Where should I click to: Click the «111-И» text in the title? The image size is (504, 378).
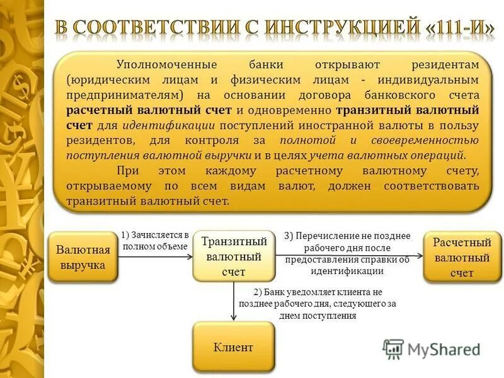point(462,28)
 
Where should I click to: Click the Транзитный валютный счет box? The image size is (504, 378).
point(234,256)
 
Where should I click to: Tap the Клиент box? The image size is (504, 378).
point(233,346)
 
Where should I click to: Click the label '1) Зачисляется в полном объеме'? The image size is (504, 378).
point(156,240)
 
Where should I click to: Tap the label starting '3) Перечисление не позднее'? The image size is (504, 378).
point(347,253)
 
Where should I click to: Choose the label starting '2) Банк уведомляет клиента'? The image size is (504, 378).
point(318,304)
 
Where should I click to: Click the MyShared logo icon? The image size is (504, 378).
point(393,349)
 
